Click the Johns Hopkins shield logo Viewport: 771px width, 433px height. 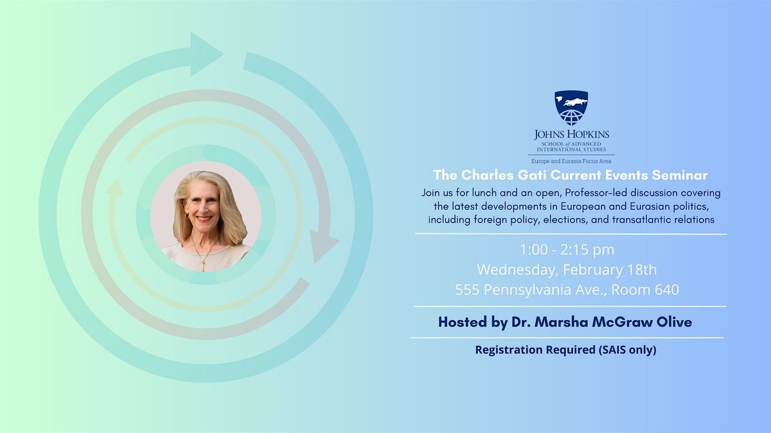(571, 108)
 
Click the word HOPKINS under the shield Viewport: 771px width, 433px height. (587, 134)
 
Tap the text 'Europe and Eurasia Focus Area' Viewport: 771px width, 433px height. (571, 161)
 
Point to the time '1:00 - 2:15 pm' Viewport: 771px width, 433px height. (567, 250)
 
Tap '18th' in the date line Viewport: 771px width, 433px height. (642, 270)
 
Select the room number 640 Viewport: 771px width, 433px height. (667, 290)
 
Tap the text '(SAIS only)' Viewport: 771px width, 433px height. (628, 350)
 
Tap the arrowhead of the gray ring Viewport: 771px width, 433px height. (322, 244)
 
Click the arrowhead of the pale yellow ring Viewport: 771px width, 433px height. (114, 189)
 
